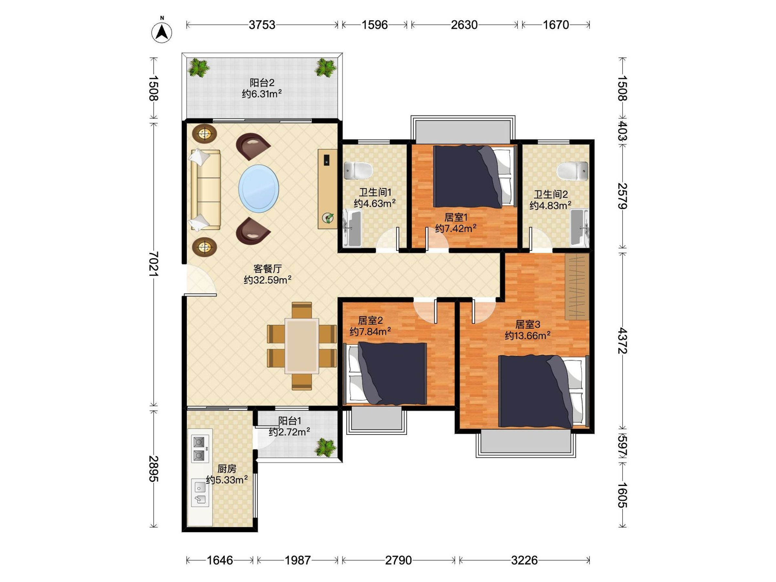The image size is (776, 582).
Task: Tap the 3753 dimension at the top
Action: pos(262,25)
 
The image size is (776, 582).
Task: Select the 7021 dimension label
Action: pos(153,264)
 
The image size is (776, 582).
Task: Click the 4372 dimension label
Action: pos(623,340)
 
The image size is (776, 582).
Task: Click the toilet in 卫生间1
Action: pos(358,170)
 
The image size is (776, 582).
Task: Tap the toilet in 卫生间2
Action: pos(573,171)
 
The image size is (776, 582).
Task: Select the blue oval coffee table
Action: pos(259,189)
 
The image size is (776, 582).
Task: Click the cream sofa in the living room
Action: pos(205,190)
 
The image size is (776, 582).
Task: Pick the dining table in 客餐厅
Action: pos(302,346)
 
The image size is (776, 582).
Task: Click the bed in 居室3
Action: pos(543,391)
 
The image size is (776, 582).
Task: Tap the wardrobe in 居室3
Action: pos(577,286)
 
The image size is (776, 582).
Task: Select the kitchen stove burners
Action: pos(199,449)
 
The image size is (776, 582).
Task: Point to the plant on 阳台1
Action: pos(326,447)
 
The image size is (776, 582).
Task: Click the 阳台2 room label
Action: pos(262,83)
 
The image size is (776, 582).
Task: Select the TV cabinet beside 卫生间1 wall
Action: pos(327,189)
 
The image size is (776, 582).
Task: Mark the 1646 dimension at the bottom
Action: pos(220,561)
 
